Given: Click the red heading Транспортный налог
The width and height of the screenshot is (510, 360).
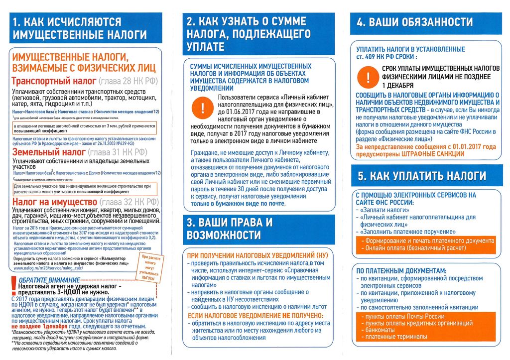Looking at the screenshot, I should [54, 82].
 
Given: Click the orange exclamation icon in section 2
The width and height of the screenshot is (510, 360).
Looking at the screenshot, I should [203, 109].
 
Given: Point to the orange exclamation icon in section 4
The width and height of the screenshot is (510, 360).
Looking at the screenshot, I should [368, 77].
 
